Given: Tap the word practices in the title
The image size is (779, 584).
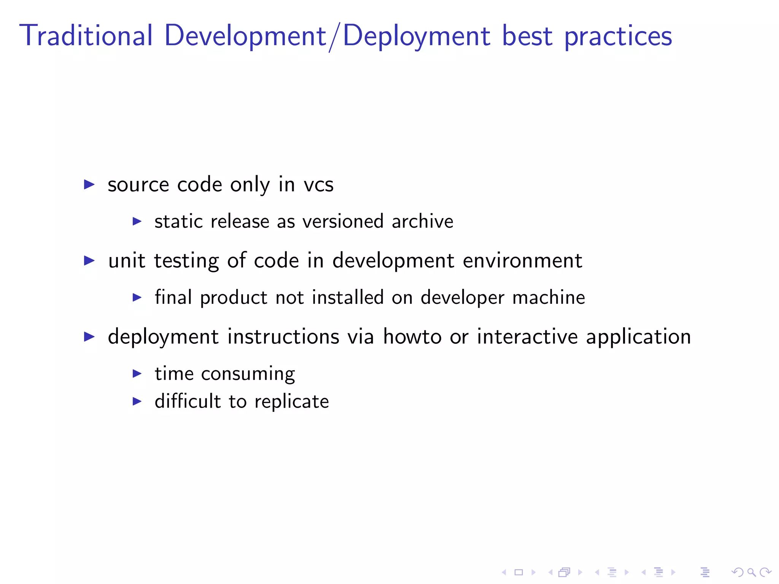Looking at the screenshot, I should click(x=618, y=36).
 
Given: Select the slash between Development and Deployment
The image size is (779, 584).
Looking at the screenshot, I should click(x=334, y=37).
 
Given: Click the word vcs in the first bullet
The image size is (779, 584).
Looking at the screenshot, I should click(x=318, y=185).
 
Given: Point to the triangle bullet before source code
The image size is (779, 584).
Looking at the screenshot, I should click(x=89, y=185).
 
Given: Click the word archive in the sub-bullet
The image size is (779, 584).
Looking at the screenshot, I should click(x=422, y=221).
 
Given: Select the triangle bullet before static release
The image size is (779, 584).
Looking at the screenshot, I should click(x=137, y=221).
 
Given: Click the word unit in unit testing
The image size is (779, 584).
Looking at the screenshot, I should click(x=127, y=261).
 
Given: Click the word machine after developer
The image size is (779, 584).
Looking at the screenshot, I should click(x=548, y=297).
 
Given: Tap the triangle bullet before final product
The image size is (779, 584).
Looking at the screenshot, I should click(x=137, y=297).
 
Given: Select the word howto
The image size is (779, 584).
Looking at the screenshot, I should click(x=412, y=337).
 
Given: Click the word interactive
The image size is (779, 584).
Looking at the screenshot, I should click(x=527, y=337).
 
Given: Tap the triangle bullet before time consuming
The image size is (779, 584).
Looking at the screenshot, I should click(x=137, y=374).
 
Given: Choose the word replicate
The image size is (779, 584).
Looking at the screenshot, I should click(x=291, y=402).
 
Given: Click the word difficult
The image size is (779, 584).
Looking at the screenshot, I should click(x=188, y=401).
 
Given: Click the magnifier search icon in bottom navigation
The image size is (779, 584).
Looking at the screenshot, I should click(x=751, y=572).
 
